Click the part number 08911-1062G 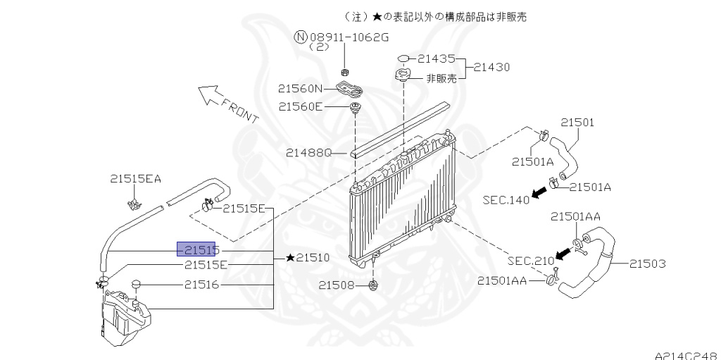tap(349, 37)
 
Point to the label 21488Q tap(308, 152)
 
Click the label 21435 tap(437, 58)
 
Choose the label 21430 tap(491, 67)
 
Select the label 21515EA tap(136, 179)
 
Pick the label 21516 tap(202, 285)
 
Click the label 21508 tap(337, 285)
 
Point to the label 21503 tap(648, 263)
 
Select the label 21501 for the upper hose tap(577, 123)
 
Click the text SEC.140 tap(506, 200)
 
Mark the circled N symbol tap(301, 37)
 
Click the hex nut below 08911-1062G tap(344, 71)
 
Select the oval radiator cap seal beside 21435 tap(403, 58)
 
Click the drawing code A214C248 tap(687, 355)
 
